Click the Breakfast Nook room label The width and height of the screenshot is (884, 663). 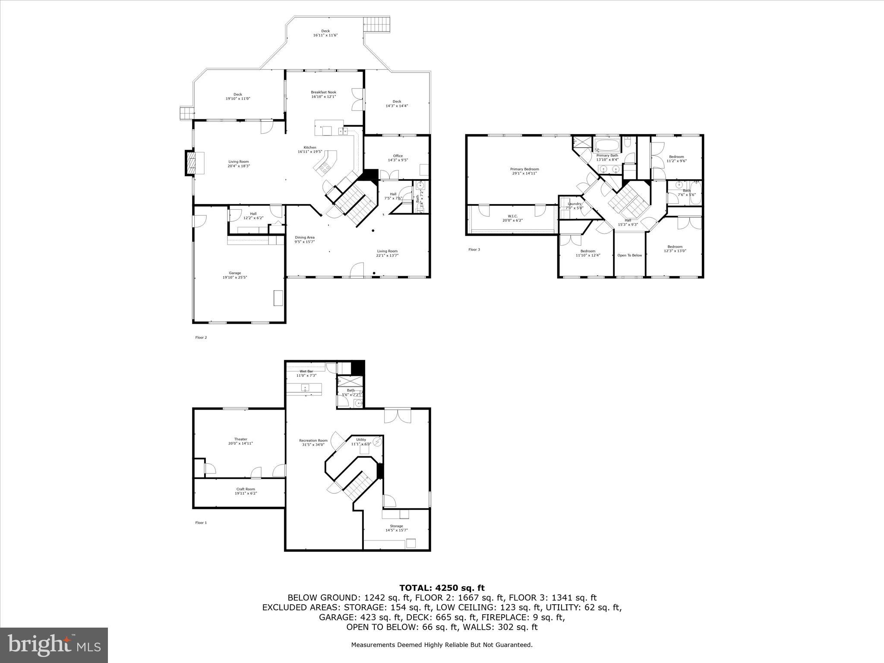click(x=323, y=92)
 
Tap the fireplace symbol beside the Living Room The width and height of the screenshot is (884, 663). click(x=190, y=163)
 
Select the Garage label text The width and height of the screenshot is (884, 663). click(x=235, y=273)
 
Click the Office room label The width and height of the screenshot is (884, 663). click(x=398, y=156)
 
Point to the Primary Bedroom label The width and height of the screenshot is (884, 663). click(x=524, y=169)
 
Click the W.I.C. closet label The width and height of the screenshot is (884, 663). click(x=512, y=216)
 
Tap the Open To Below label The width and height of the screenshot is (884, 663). click(x=629, y=255)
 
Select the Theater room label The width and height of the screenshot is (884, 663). click(x=240, y=439)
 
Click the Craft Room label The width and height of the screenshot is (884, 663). click(x=246, y=489)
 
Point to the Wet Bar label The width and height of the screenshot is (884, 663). click(x=306, y=371)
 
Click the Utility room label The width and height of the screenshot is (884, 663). click(x=361, y=440)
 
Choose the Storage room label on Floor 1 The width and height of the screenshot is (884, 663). click(x=396, y=526)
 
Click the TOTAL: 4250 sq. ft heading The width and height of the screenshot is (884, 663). click(x=442, y=588)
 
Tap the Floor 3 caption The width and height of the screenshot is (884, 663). click(x=474, y=249)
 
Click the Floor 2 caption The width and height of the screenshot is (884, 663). click(x=201, y=338)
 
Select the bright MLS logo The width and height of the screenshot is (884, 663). click(x=54, y=645)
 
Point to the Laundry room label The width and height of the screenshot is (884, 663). click(x=574, y=204)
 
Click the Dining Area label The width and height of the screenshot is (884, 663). click(x=304, y=237)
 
